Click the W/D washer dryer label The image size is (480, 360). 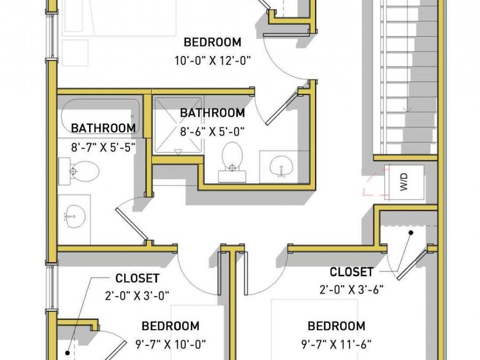tap(404, 182)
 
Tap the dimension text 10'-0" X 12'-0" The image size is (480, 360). tap(212, 61)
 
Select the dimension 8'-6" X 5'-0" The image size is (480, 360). tap(212, 132)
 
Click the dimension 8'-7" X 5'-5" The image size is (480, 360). tap(103, 147)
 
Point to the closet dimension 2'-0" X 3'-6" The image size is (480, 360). tap(351, 289)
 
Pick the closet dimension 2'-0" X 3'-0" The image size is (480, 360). tap(137, 295)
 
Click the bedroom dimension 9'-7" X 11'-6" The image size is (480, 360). tap(336, 345)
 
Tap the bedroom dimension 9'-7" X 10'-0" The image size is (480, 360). tap(171, 345)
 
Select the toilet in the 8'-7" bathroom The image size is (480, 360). tap(79, 171)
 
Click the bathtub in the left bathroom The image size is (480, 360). tap(100, 116)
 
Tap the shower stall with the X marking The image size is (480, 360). tap(178, 125)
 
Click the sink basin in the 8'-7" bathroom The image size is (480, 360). tap(75, 216)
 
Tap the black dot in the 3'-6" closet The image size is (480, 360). tap(411, 233)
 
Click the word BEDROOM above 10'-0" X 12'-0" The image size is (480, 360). tap(212, 42)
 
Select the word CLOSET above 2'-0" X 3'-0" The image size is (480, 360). tap(137, 278)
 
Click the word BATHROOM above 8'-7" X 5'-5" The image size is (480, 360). tap(103, 128)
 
